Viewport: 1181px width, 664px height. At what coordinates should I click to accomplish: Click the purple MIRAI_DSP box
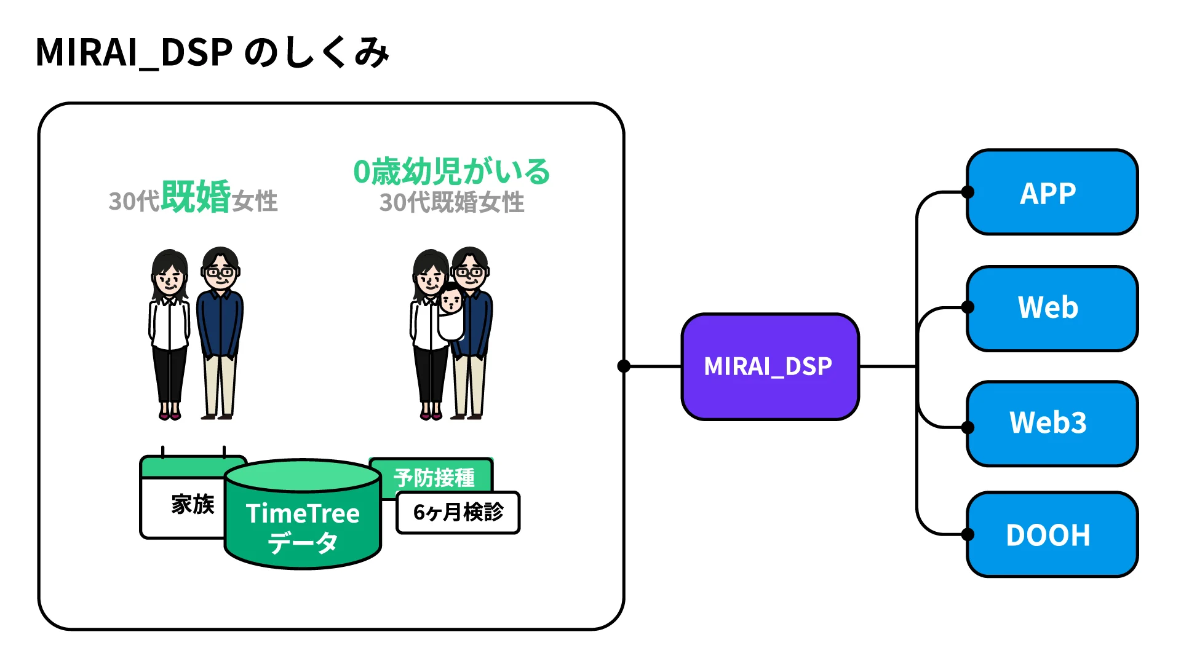coord(769,366)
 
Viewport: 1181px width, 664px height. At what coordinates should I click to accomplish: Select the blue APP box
coord(1052,192)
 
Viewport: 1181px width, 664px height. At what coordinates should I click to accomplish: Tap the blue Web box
coord(1052,308)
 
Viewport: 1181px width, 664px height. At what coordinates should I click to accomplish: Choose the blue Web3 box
coord(1052,423)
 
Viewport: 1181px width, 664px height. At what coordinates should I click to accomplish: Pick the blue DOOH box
coord(1052,535)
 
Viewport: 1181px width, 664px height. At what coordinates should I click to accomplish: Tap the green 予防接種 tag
coord(434,477)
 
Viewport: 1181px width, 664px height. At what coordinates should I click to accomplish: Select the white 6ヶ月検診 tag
coord(458,512)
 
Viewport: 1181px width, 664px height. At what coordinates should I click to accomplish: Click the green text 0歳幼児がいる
coord(451,172)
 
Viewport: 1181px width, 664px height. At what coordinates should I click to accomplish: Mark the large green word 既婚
coord(196,197)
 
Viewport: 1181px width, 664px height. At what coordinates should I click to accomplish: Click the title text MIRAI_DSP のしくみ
coord(212,52)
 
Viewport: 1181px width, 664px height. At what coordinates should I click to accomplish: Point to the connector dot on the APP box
coord(968,192)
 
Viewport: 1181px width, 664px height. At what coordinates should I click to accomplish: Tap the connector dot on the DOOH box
coord(968,534)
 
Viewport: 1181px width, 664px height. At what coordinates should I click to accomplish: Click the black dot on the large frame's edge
coord(624,366)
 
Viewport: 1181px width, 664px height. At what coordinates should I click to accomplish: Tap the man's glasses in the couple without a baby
coord(220,271)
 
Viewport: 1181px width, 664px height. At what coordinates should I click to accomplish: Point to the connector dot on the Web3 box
coord(968,427)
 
